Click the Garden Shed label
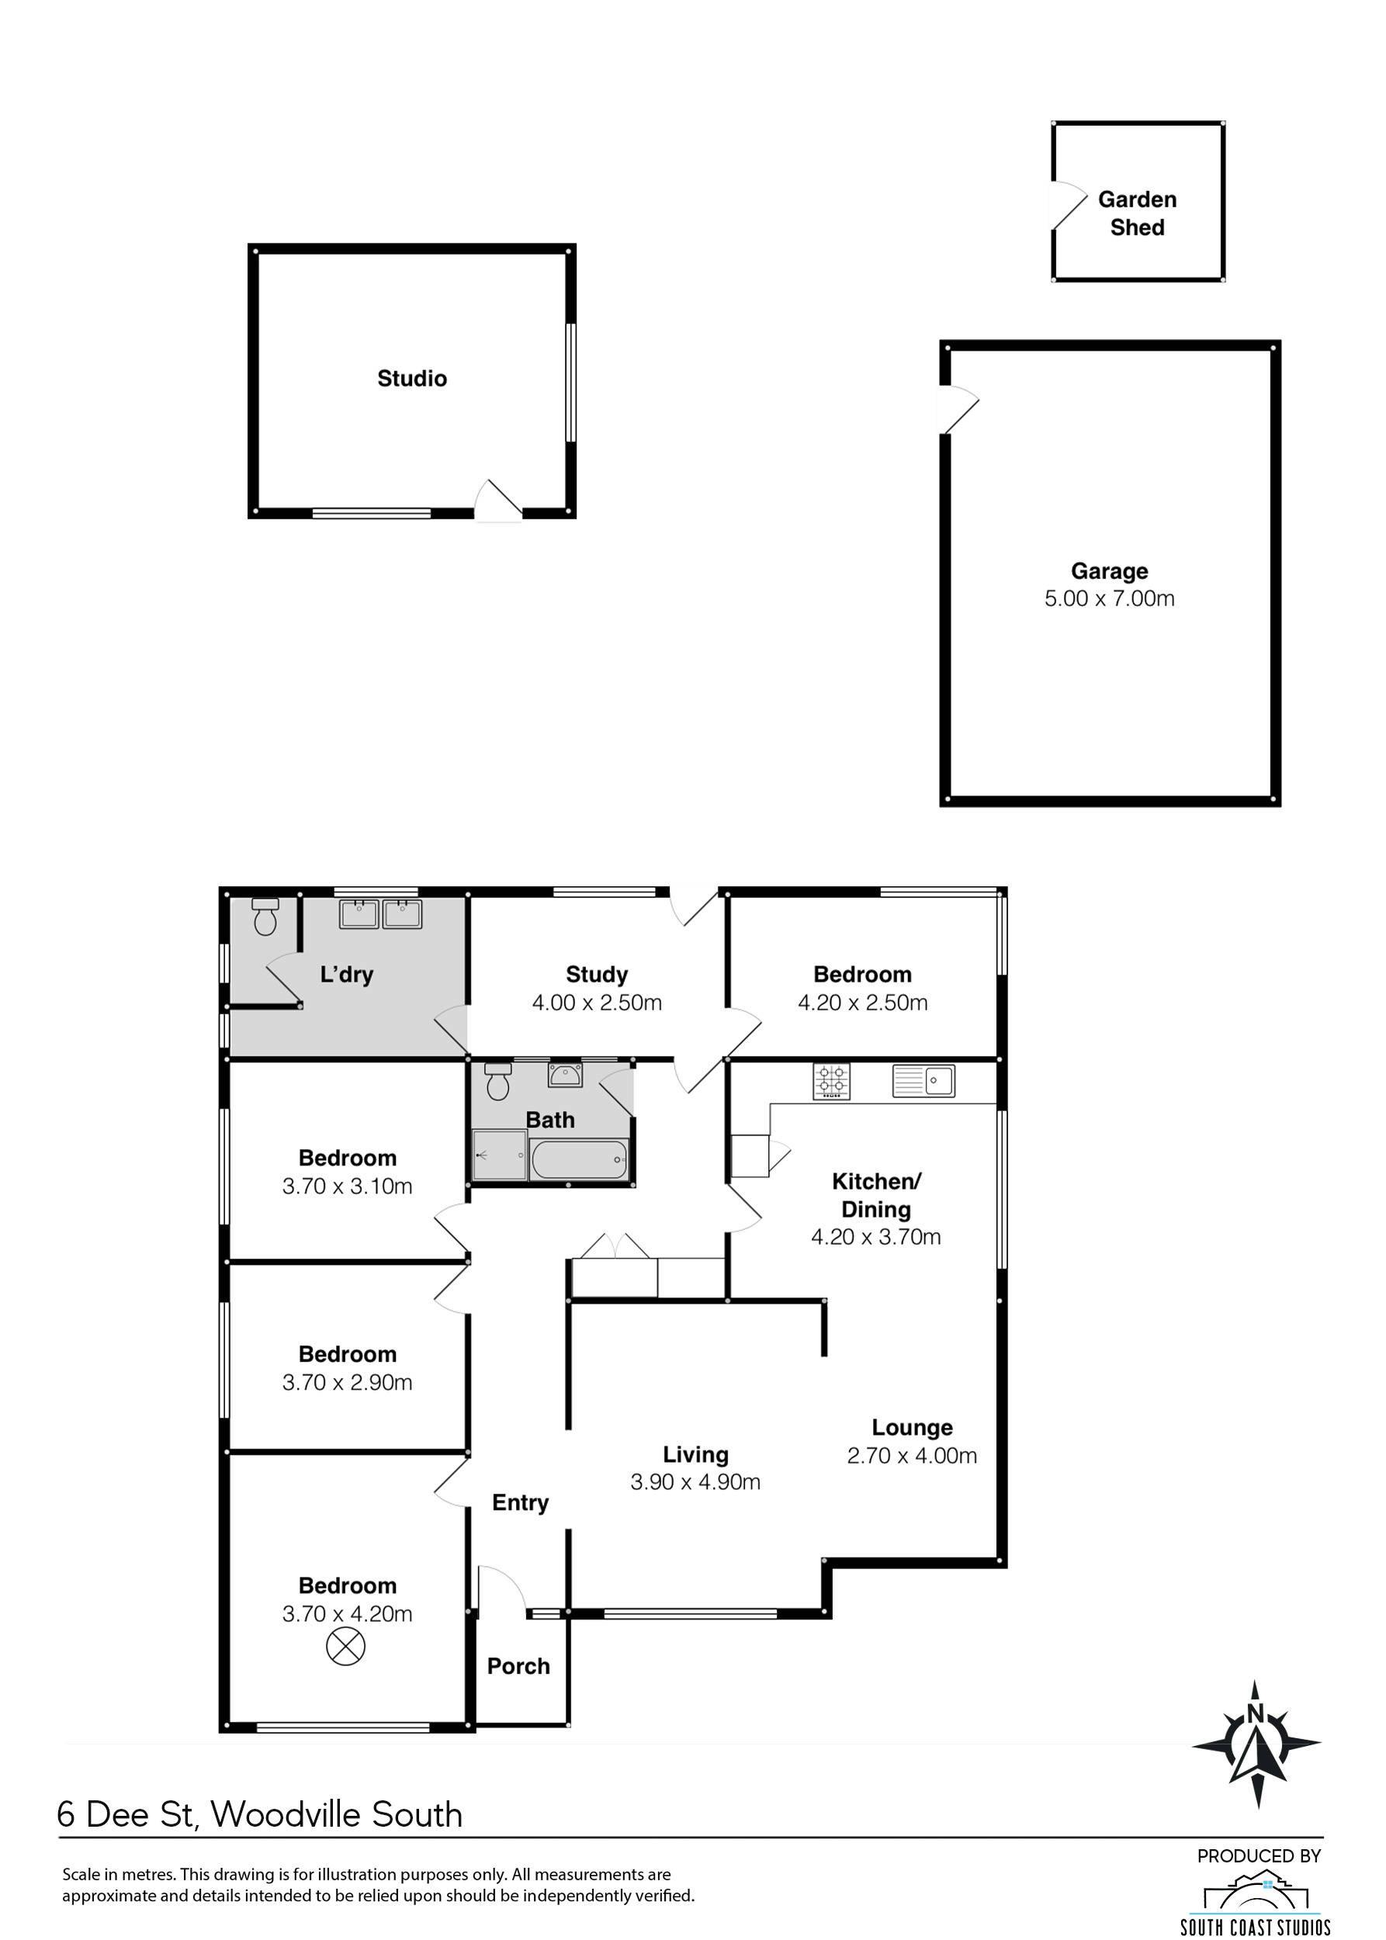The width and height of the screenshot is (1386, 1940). [x=1137, y=213]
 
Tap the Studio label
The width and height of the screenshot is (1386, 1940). [x=412, y=378]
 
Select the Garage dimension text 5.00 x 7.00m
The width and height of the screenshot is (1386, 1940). [x=1110, y=598]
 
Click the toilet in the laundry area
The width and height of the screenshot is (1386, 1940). [x=265, y=916]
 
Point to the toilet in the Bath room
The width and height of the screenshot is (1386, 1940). [x=497, y=1082]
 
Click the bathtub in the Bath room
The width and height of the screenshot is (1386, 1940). [x=579, y=1160]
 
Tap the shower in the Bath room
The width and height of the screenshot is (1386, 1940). [x=499, y=1155]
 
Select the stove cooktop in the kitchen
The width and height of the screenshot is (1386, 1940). [x=831, y=1083]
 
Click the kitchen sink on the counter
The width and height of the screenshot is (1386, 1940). [x=923, y=1082]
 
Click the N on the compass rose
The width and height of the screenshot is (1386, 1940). [x=1255, y=1713]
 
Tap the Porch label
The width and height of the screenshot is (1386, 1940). [x=518, y=1666]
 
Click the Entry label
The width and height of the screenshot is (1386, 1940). [x=520, y=1503]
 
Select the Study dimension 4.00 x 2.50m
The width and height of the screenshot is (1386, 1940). [x=597, y=1003]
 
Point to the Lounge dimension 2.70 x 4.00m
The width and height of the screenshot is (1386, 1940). [x=912, y=1456]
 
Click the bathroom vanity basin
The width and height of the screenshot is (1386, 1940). [x=564, y=1076]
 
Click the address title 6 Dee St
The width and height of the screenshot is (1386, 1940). [x=128, y=1814]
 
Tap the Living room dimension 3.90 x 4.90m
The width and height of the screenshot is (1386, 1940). [x=695, y=1482]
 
